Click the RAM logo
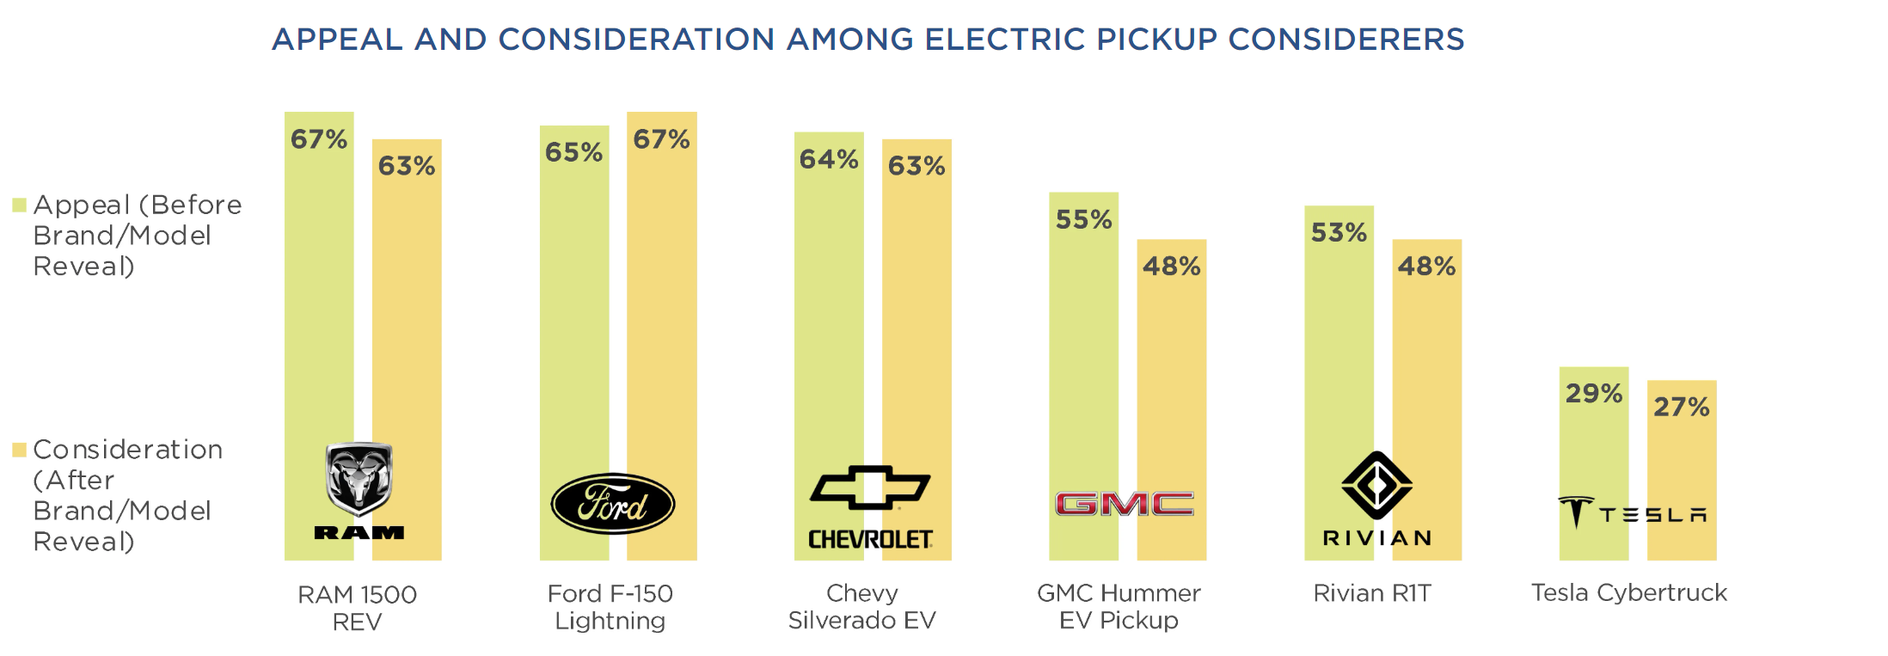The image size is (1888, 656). coord(359,491)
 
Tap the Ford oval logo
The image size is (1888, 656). coord(612,504)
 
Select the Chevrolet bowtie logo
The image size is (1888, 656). coord(870,487)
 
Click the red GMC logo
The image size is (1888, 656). coord(1125,504)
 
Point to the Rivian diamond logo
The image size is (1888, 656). coord(1376,485)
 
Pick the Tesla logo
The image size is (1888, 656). coord(1632,512)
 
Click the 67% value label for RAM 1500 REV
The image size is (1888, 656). coord(319,139)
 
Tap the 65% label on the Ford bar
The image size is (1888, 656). coord(573,153)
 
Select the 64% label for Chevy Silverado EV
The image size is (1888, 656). coord(829,159)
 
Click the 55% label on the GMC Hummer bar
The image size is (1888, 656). coord(1083,220)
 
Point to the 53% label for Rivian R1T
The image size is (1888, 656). coord(1339,233)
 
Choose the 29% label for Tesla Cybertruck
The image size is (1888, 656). coord(1593,394)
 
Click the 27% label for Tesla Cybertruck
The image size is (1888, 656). coord(1682,407)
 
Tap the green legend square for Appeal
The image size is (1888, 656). coord(19,205)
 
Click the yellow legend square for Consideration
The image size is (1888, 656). coord(19,450)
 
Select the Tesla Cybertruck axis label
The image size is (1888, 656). coord(1628,592)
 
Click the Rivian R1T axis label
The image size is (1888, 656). coord(1372,593)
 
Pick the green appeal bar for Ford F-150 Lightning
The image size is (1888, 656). coord(574,344)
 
